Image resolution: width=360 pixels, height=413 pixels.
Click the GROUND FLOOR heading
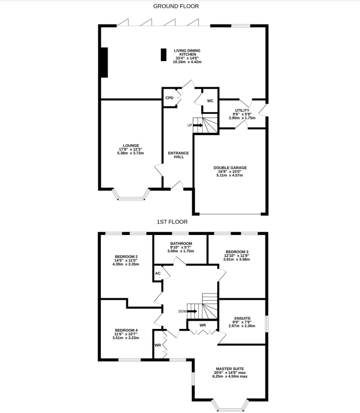176,6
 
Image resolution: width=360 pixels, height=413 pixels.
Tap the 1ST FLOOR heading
172,222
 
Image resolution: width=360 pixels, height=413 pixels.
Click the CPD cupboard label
169,98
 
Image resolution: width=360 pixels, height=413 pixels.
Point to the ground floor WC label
210,100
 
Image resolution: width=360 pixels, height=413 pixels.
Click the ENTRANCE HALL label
178,155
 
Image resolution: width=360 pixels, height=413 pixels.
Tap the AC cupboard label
157,273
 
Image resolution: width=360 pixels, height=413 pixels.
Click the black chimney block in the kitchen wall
104,63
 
